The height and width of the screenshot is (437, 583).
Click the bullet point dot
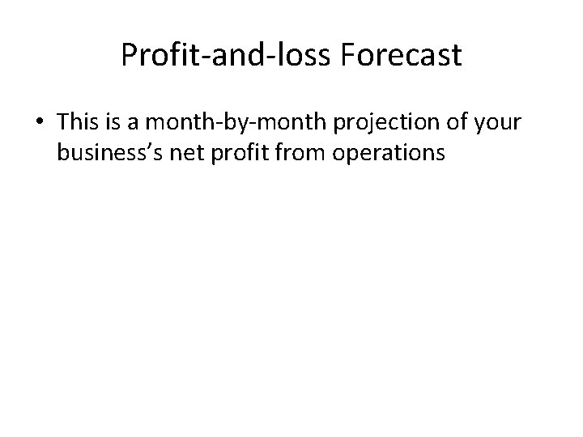40,122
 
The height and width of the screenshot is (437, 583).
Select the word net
188,152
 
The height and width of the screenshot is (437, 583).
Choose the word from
300,152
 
